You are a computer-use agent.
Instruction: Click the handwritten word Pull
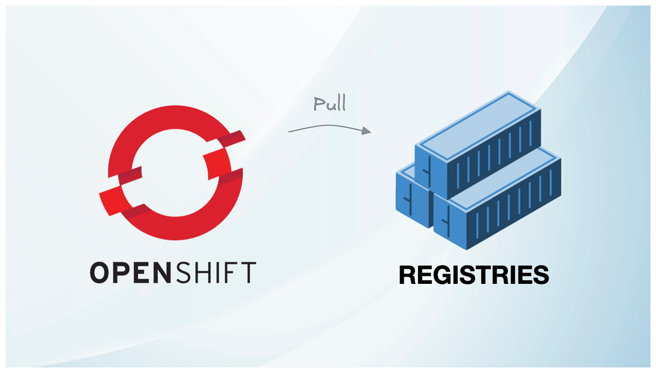[330, 104]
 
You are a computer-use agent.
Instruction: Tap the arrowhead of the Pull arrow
[367, 131]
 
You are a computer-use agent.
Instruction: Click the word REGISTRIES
[474, 275]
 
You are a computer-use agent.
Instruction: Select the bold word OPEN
[132, 272]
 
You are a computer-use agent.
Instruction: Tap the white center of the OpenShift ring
[172, 172]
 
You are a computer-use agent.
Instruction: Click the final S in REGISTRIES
[540, 275]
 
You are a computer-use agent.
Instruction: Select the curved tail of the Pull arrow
[312, 127]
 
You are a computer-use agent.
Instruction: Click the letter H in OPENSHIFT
[200, 272]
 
